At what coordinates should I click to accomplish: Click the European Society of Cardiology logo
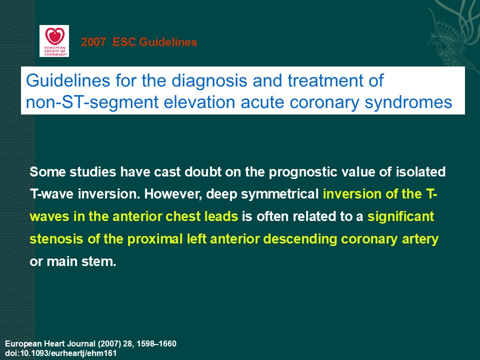click(x=54, y=41)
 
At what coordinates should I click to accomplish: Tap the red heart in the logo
click(x=55, y=36)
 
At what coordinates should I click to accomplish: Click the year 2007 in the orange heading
click(x=93, y=42)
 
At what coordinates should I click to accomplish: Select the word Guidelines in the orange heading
click(x=168, y=42)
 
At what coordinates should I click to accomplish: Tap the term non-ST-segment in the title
click(x=92, y=102)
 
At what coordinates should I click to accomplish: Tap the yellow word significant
click(x=400, y=216)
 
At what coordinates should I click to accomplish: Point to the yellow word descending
click(x=300, y=239)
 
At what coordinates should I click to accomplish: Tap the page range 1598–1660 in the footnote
click(x=156, y=344)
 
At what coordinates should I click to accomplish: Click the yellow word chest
click(x=180, y=216)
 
